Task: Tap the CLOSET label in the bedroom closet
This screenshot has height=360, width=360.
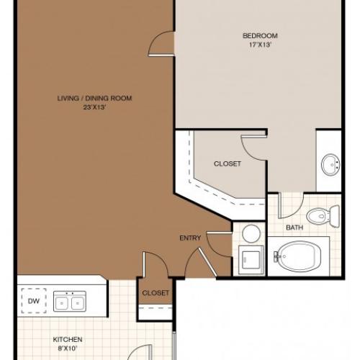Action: [x=227, y=163]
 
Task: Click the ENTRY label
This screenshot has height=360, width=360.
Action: [x=190, y=238]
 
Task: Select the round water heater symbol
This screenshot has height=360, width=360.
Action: [x=250, y=233]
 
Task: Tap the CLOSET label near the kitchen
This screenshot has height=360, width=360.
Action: [x=156, y=293]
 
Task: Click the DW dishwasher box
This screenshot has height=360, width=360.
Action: [x=32, y=301]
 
